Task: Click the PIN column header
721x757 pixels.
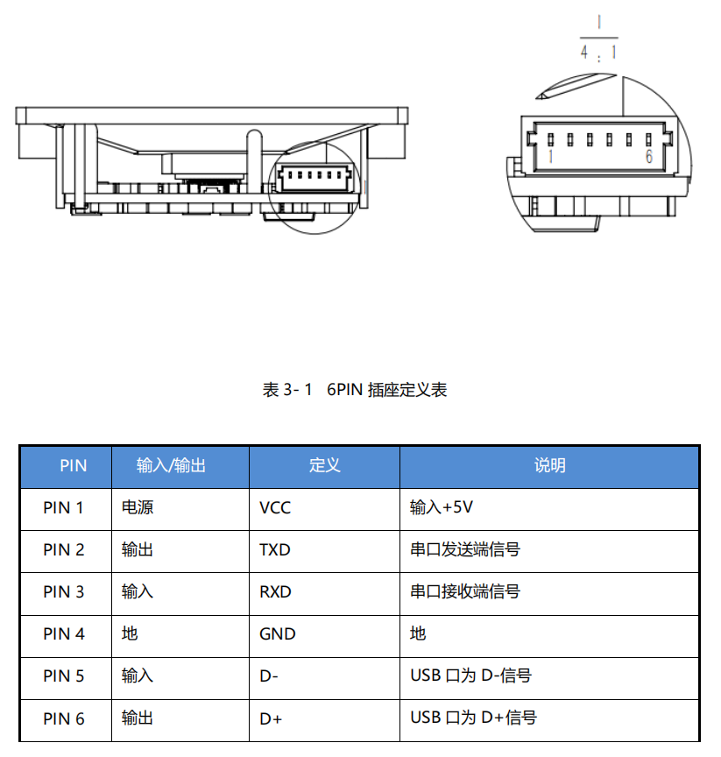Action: (73, 466)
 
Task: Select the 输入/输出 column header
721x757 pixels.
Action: (171, 466)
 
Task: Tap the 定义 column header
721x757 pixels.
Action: (324, 466)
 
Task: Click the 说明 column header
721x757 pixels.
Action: (549, 466)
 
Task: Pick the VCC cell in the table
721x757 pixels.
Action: (275, 508)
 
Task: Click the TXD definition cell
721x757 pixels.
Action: (275, 550)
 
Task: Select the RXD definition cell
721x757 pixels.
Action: (275, 592)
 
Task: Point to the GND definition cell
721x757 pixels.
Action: (278, 634)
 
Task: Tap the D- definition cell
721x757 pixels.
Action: (270, 676)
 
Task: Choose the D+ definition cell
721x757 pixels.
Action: (271, 718)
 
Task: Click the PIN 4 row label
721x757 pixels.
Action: (64, 634)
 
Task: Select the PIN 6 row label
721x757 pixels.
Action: (64, 718)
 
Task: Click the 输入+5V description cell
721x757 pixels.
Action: (442, 508)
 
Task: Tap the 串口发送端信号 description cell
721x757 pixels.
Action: (464, 550)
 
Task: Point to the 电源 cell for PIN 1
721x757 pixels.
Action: (138, 508)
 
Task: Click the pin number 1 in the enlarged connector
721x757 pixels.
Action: (550, 158)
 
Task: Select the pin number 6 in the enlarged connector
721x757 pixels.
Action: (648, 157)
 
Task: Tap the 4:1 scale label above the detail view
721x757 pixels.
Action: (598, 52)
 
